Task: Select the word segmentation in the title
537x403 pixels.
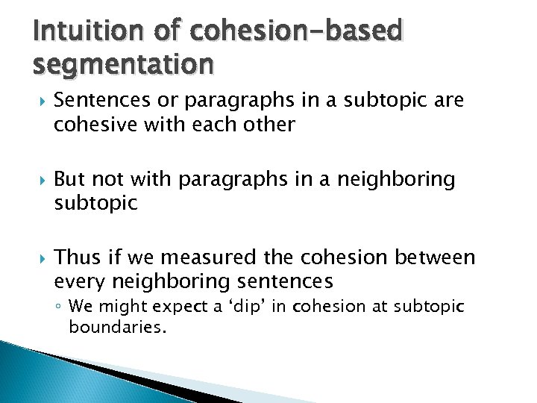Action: pos(123,64)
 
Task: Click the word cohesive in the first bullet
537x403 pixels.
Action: pos(90,125)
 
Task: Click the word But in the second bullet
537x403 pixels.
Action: pos(69,179)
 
